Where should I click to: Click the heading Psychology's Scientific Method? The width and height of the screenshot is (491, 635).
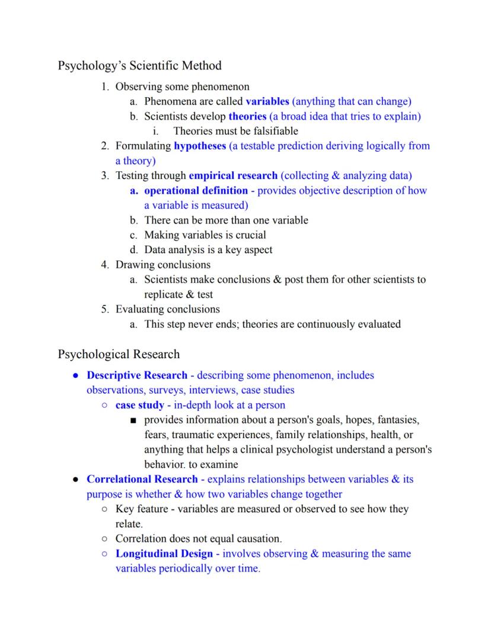point(139,65)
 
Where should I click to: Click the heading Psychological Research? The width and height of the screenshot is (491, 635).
point(119,355)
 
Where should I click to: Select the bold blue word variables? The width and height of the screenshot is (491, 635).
point(267,101)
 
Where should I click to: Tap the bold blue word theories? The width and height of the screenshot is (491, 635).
point(247,116)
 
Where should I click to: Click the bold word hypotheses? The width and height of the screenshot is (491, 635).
point(200,146)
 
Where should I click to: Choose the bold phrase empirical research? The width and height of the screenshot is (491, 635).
point(233,175)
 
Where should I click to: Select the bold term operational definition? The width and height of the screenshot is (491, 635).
point(196,190)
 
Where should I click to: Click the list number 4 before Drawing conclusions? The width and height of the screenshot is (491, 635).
point(104,264)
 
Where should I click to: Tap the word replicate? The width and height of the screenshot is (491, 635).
point(161,294)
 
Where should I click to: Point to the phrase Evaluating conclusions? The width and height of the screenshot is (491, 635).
point(167,309)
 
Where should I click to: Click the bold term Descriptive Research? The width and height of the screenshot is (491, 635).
point(137,375)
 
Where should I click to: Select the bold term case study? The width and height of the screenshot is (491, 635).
point(139,405)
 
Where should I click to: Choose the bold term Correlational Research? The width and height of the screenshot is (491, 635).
point(142,479)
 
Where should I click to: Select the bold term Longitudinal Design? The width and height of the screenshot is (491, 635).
point(164,554)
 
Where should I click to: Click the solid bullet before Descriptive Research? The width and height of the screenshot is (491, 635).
point(75,376)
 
